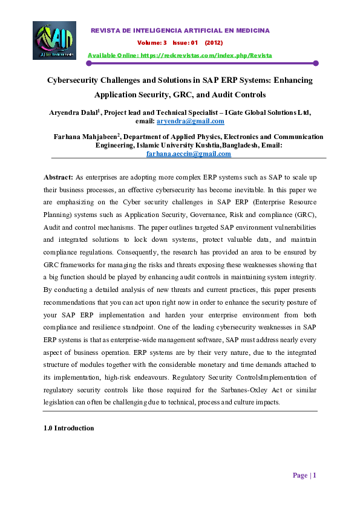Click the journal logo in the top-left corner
[54, 41]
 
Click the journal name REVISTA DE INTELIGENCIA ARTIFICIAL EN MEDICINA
[180, 30]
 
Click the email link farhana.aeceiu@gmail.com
[189, 154]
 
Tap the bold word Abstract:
[58, 177]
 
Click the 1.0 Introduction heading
[69, 428]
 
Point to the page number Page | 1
[304, 475]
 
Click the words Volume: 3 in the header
[152, 43]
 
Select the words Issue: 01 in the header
[186, 43]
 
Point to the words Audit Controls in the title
[238, 95]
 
